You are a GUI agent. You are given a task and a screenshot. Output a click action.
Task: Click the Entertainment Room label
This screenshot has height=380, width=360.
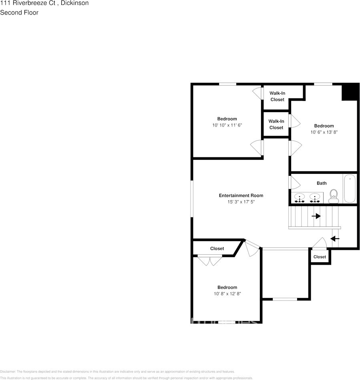click(241, 195)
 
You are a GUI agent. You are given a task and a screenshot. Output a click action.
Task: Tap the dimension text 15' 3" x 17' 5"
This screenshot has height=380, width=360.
click(241, 202)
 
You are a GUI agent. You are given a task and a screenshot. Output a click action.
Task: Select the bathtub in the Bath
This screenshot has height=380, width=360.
click(350, 189)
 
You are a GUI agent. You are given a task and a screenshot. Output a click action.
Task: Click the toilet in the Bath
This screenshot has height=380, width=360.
click(333, 196)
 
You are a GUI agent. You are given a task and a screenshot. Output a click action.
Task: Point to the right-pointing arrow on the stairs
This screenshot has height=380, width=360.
click(316, 216)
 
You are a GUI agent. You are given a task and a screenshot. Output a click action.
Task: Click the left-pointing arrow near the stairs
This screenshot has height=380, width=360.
click(335, 239)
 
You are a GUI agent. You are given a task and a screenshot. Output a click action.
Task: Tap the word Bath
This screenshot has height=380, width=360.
click(322, 183)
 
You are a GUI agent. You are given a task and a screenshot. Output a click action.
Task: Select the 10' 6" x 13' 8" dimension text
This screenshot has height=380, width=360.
click(324, 132)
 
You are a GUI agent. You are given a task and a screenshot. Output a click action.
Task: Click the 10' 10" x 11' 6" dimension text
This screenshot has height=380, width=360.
click(227, 125)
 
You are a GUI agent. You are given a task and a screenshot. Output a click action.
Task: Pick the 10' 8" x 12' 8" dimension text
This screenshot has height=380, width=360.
click(227, 294)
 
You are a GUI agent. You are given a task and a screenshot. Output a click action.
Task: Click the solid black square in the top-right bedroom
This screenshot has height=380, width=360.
click(349, 92)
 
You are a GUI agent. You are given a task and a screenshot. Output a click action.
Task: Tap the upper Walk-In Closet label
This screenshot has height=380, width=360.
click(277, 96)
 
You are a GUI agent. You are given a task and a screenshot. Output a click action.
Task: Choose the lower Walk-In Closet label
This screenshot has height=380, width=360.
click(276, 124)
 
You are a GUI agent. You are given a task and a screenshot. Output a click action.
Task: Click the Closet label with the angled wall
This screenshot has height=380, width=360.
click(217, 249)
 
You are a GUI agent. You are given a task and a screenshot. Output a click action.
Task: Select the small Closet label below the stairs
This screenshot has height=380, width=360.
click(320, 257)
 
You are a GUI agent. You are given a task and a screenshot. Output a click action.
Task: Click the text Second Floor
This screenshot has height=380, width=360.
click(19, 12)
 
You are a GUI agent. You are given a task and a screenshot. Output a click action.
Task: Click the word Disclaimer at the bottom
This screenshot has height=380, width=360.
click(8, 372)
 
